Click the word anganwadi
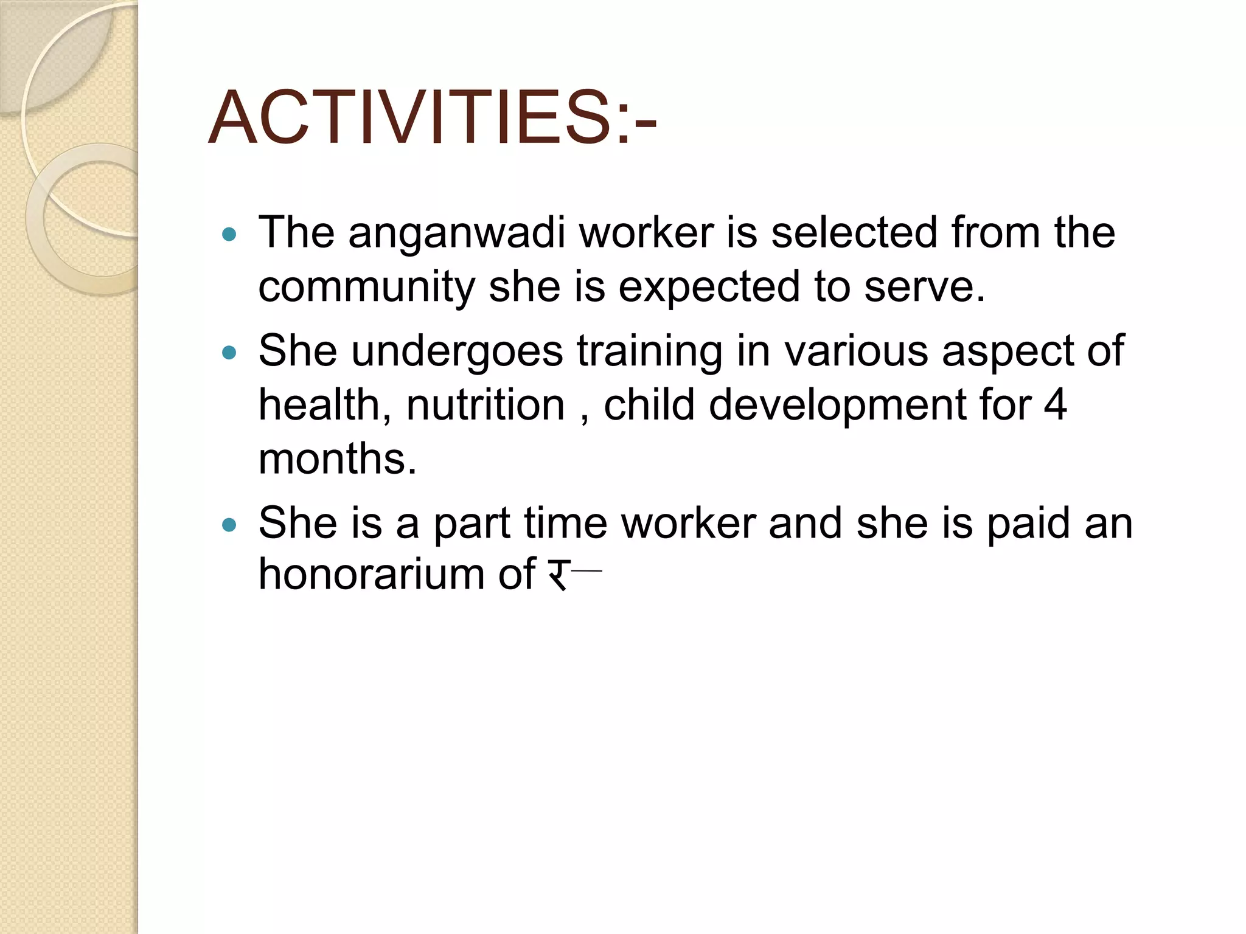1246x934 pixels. point(456,233)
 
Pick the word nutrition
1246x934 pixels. point(486,405)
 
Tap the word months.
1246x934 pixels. point(338,458)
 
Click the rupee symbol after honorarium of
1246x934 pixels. point(557,574)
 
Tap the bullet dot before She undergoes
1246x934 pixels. point(229,353)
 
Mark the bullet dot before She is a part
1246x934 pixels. point(229,524)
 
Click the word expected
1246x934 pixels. point(709,287)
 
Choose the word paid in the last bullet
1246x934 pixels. point(1028,523)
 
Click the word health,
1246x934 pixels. point(325,405)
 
